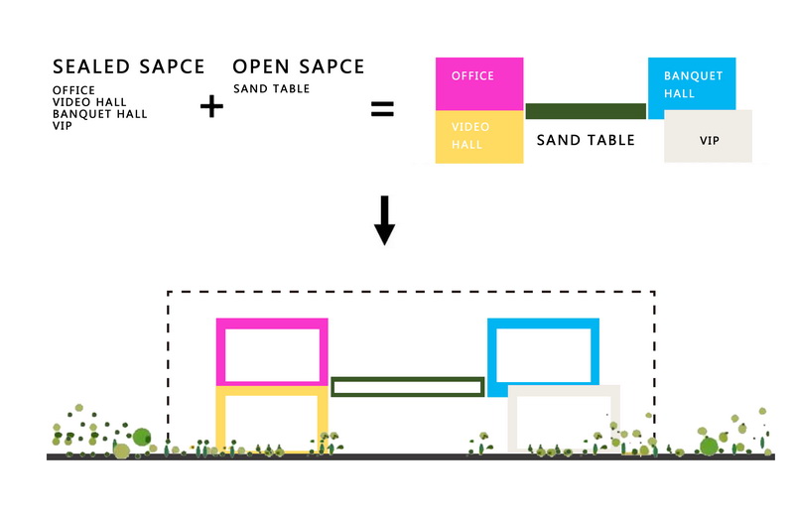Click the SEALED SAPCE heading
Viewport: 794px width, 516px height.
coord(129,66)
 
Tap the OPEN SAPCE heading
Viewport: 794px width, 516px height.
coord(299,66)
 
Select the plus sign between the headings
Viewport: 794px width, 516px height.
coord(211,106)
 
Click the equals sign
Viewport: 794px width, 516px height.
coord(382,108)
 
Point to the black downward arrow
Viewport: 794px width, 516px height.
coord(384,220)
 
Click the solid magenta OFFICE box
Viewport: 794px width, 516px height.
coord(479,83)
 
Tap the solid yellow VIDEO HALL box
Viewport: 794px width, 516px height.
coord(479,137)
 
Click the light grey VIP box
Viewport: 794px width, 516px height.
coord(708,136)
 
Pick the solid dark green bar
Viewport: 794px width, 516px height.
coord(586,111)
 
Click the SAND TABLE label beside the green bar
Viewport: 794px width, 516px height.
coord(586,140)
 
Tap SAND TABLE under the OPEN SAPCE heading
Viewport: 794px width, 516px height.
coord(271,88)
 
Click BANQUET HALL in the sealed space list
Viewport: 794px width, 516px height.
coord(100,114)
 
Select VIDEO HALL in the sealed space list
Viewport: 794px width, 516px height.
coord(89,102)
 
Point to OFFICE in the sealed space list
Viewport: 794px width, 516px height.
coord(73,90)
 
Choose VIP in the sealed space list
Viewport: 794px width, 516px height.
coord(63,126)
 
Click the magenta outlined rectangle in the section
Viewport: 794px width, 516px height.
coord(272,323)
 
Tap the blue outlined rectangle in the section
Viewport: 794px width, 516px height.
coord(543,323)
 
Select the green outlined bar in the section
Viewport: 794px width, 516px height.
coord(408,379)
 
